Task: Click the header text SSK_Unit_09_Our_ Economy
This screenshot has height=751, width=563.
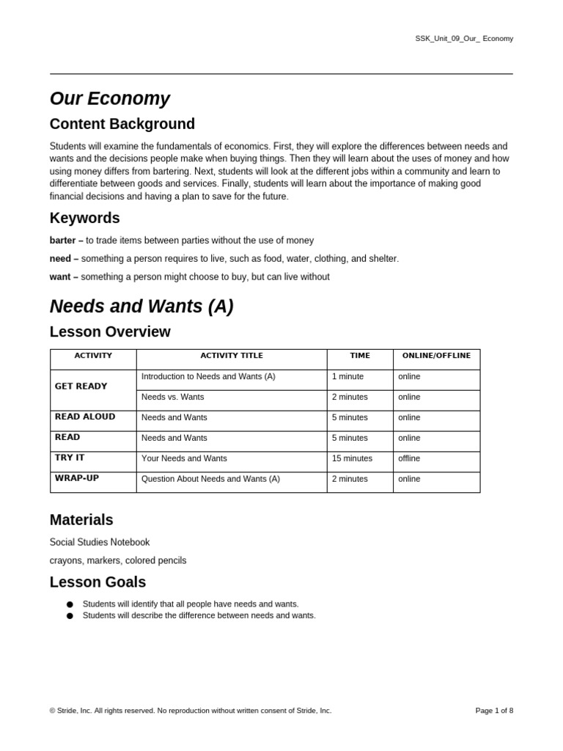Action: click(464, 38)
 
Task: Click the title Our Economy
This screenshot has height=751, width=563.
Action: click(109, 98)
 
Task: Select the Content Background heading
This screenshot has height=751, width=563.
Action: click(122, 124)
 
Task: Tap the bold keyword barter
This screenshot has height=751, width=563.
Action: click(63, 241)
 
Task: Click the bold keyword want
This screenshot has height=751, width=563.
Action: click(61, 277)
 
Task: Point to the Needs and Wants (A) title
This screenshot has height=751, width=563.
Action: click(141, 307)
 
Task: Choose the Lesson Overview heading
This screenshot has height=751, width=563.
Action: click(110, 332)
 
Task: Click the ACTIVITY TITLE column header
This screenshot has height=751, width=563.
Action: click(232, 356)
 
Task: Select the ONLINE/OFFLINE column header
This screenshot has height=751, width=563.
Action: click(436, 356)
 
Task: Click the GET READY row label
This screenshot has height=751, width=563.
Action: click(81, 387)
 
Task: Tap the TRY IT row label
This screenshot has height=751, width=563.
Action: click(70, 458)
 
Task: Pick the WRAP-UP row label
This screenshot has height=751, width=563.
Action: click(76, 478)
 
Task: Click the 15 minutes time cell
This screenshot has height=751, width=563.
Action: click(352, 458)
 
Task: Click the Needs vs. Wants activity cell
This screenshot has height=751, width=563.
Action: click(172, 397)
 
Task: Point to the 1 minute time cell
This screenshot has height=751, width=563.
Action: click(347, 376)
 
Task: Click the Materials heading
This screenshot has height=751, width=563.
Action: click(81, 520)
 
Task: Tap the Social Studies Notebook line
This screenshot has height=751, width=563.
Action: click(100, 543)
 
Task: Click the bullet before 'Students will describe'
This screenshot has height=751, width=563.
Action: click(70, 616)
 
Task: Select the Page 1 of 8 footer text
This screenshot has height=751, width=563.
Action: click(494, 711)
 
